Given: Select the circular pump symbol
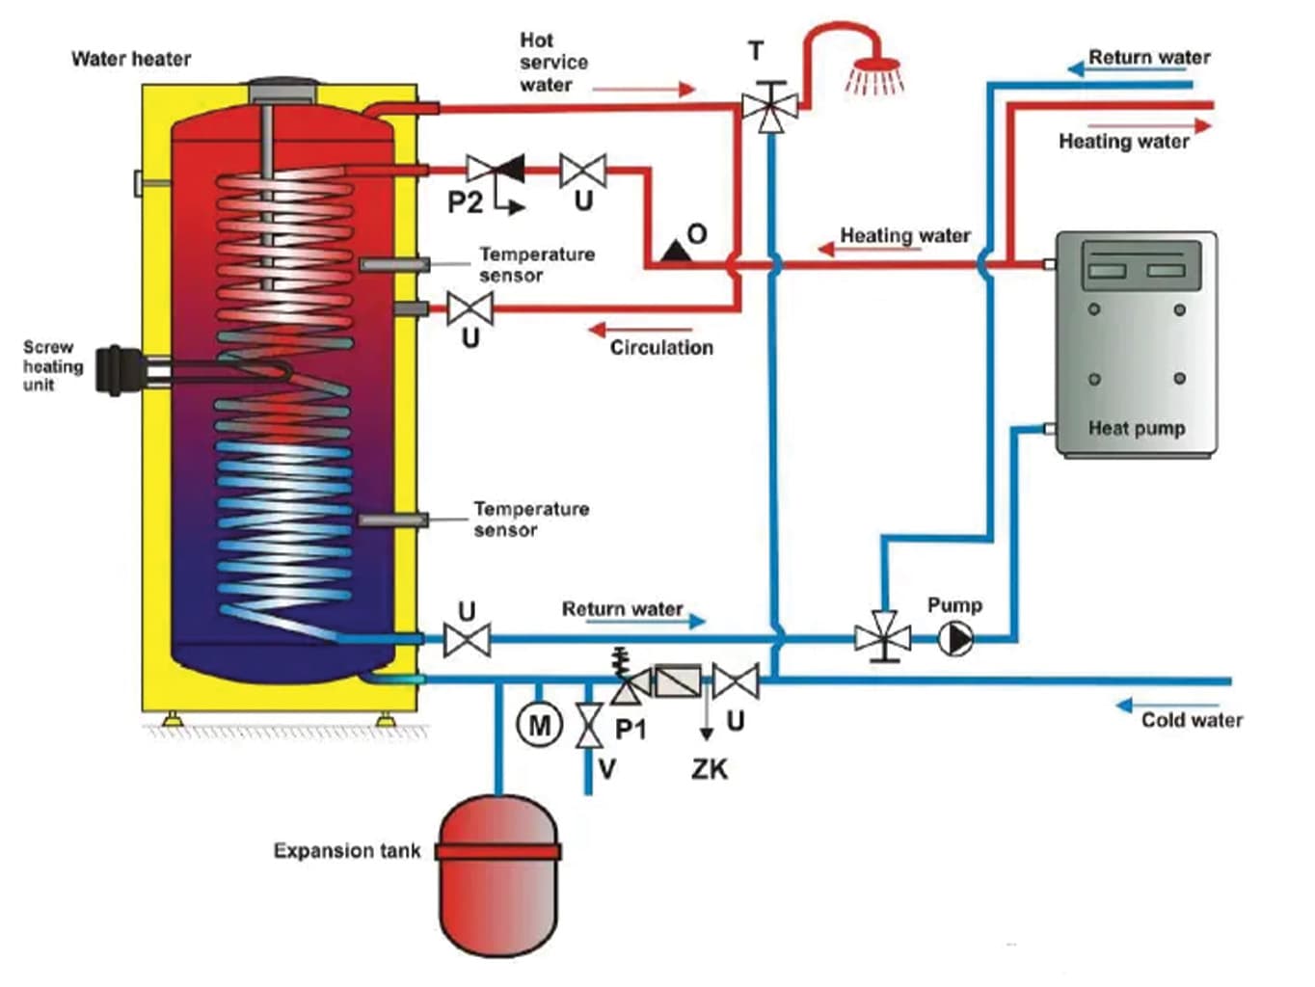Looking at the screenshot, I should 955,638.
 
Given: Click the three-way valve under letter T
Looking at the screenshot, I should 769,105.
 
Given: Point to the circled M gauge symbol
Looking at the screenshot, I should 539,724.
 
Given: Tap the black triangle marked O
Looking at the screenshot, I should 676,252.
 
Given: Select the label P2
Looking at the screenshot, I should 465,202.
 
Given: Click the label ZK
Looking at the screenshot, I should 710,769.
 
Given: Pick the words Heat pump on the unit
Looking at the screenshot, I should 1137,428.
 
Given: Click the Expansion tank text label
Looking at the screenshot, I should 347,851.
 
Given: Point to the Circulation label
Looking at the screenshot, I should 661,348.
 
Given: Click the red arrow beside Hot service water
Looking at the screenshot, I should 643,90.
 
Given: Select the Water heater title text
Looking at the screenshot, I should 131,59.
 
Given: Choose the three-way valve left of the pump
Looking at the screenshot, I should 882,637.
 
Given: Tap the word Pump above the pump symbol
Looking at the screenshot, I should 954,605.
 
